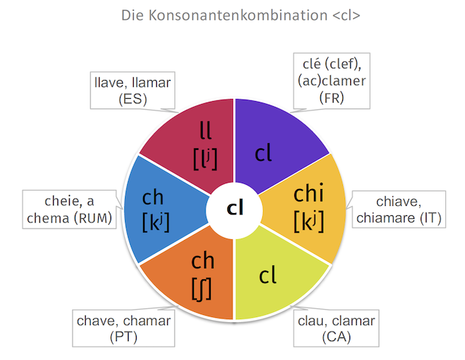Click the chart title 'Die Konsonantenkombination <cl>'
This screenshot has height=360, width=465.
232,15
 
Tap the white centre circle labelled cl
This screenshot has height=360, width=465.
234,208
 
